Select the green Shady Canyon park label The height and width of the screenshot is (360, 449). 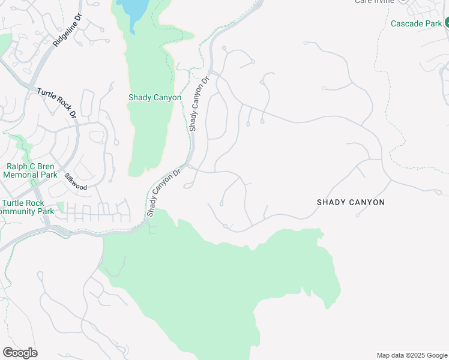click(155, 97)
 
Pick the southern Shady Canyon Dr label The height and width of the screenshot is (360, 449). click(163, 193)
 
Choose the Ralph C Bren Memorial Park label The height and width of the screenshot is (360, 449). click(30, 171)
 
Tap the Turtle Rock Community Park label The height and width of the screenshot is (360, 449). click(27, 207)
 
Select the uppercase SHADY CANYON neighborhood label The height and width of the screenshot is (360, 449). click(351, 202)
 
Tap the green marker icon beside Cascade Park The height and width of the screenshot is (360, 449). click(447, 23)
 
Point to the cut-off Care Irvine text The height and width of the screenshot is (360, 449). click(375, 2)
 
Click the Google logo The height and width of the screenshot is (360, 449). click(20, 353)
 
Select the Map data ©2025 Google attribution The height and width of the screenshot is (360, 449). click(411, 355)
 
